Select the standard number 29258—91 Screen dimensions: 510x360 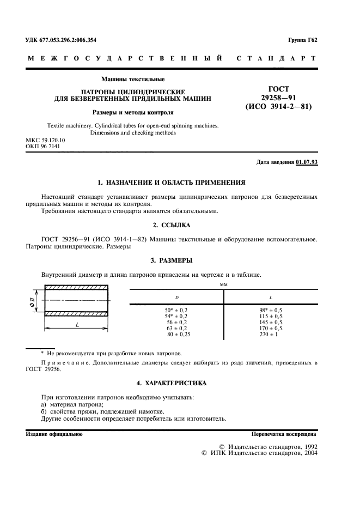click(x=278, y=97)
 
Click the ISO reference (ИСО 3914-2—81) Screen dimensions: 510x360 click(x=278, y=107)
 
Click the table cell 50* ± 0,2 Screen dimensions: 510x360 click(x=176, y=310)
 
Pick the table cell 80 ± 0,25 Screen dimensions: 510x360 click(x=176, y=334)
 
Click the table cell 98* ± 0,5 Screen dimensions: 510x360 click(x=271, y=310)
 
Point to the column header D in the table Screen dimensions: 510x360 click(x=176, y=297)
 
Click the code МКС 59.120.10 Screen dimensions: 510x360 click(x=45, y=140)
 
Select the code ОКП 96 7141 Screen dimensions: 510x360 click(x=43, y=147)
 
